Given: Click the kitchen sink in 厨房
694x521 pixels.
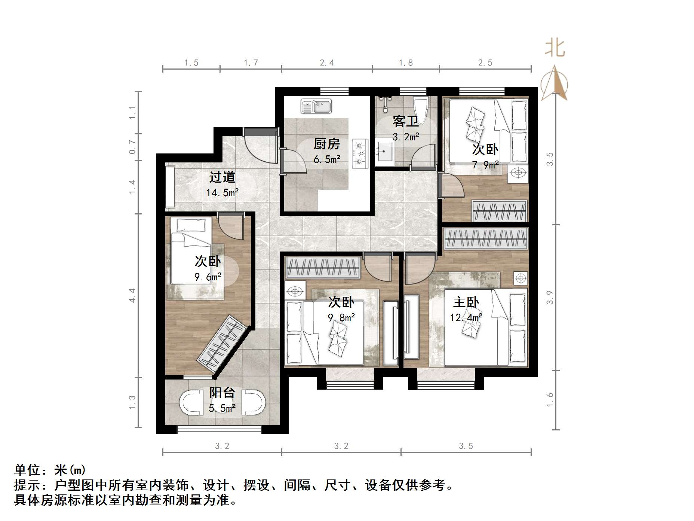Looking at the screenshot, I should pyautogui.click(x=316, y=106).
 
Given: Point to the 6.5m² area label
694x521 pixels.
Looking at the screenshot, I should pyautogui.click(x=327, y=160).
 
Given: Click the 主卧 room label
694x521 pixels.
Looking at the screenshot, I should pyautogui.click(x=466, y=302).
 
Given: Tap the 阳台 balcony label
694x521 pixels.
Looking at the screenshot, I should pyautogui.click(x=222, y=393).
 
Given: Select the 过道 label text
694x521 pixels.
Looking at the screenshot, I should pyautogui.click(x=222, y=177).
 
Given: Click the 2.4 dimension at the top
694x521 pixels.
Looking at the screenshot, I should pyautogui.click(x=327, y=63).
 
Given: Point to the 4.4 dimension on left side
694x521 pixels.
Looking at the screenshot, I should pyautogui.click(x=132, y=295).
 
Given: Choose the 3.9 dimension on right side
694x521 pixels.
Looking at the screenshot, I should pyautogui.click(x=549, y=297).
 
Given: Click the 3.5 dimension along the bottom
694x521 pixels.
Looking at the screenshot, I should pyautogui.click(x=466, y=446).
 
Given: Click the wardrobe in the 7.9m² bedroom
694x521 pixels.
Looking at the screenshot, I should pyautogui.click(x=500, y=211).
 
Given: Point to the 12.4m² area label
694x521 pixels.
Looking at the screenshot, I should pyautogui.click(x=466, y=318).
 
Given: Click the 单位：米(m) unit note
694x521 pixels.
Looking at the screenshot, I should pyautogui.click(x=50, y=470).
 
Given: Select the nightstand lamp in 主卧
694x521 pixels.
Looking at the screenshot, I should pyautogui.click(x=520, y=278).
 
